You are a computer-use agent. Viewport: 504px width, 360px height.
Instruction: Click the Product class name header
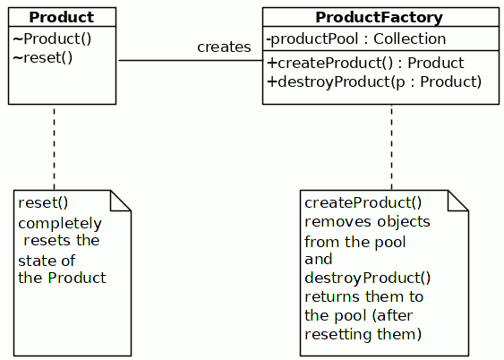pyautogui.click(x=61, y=18)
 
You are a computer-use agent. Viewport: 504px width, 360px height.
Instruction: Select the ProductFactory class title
pyautogui.click(x=380, y=18)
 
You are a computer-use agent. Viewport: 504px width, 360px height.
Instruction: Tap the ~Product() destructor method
pyautogui.click(x=52, y=39)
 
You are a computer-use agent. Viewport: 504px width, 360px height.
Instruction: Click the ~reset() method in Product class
pyautogui.click(x=43, y=58)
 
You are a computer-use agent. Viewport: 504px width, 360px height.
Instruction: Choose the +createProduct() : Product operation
pyautogui.click(x=365, y=64)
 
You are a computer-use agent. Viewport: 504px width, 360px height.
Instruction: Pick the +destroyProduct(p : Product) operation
pyautogui.click(x=374, y=81)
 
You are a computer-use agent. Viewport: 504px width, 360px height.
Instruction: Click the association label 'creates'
pyautogui.click(x=224, y=47)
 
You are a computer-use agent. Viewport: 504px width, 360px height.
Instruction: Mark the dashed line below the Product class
pyautogui.click(x=54, y=147)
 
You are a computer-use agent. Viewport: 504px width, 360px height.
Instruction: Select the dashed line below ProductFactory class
pyautogui.click(x=391, y=147)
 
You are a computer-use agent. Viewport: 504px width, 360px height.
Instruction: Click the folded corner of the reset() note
pyautogui.click(x=122, y=200)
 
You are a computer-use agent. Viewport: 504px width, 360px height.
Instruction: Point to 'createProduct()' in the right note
pyautogui.click(x=363, y=203)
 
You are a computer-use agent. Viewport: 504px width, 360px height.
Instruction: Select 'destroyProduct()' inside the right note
pyautogui.click(x=367, y=278)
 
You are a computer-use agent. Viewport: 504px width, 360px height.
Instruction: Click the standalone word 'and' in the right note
pyautogui.click(x=318, y=260)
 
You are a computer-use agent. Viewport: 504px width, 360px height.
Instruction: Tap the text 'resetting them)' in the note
pyautogui.click(x=363, y=335)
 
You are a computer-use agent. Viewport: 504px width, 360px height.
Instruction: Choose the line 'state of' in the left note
pyautogui.click(x=47, y=261)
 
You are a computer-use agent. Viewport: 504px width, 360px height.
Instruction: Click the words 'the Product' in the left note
pyautogui.click(x=62, y=278)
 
